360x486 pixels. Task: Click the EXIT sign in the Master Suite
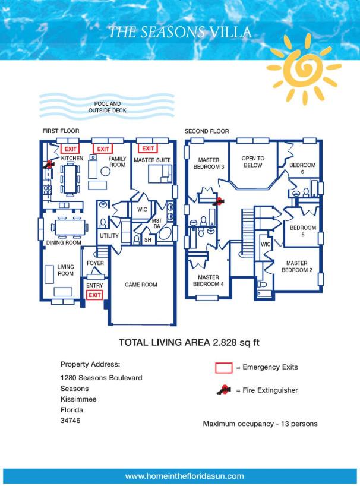(148, 149)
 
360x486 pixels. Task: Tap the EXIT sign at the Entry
(94, 295)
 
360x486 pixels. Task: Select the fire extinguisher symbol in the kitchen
(49, 164)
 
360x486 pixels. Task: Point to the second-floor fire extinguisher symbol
(219, 201)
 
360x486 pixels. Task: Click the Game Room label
(141, 285)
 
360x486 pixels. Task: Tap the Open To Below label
(253, 162)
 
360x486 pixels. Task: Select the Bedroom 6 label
(302, 168)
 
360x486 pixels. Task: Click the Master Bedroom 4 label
(208, 280)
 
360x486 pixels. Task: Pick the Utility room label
(109, 236)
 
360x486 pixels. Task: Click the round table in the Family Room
(105, 171)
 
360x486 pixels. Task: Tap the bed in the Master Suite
(160, 174)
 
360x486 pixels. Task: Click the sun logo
(304, 68)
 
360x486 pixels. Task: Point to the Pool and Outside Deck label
(107, 107)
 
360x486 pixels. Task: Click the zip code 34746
(70, 421)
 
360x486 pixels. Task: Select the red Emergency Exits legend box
(224, 368)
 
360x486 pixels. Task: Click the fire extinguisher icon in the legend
(224, 390)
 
